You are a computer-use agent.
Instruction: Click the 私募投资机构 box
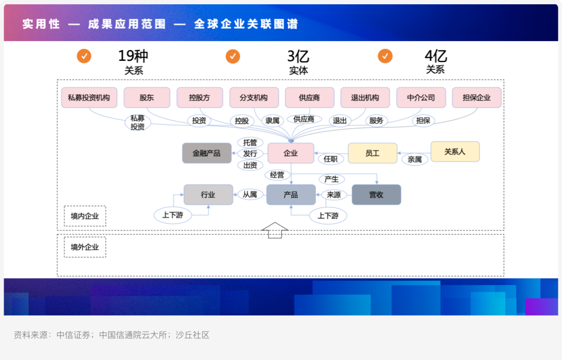click(89, 97)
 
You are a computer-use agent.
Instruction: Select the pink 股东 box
click(147, 97)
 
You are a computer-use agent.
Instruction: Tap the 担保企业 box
click(477, 97)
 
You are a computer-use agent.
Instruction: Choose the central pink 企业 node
click(291, 153)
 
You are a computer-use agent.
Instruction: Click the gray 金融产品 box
click(207, 153)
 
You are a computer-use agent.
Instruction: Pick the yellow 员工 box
click(372, 153)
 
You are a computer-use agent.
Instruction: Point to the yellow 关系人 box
click(455, 151)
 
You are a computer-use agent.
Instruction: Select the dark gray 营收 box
click(376, 195)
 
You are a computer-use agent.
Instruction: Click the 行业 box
click(208, 195)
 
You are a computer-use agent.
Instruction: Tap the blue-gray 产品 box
click(291, 195)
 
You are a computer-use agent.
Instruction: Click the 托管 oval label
click(250, 142)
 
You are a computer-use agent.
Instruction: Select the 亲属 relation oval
click(415, 159)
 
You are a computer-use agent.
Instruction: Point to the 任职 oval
click(331, 159)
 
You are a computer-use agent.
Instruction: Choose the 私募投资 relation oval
click(137, 122)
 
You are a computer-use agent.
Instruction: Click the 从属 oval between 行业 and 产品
click(250, 195)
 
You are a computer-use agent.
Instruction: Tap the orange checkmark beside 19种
click(84, 56)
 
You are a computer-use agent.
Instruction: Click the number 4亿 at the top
click(436, 56)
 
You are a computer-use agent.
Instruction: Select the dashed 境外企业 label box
click(85, 247)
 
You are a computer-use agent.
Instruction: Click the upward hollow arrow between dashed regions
click(275, 230)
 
